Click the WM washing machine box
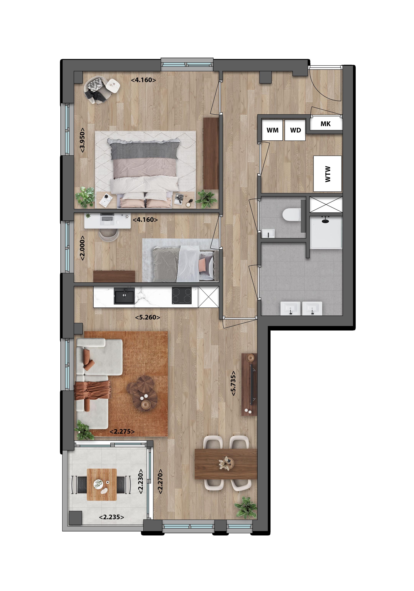pos(272,130)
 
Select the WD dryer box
pos(295,130)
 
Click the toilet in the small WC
pos(292,215)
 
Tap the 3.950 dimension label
pos(82,140)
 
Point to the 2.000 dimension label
pos(82,248)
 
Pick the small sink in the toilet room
pos(268,234)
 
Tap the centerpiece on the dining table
pos(226,463)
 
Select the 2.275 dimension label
pos(122,432)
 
